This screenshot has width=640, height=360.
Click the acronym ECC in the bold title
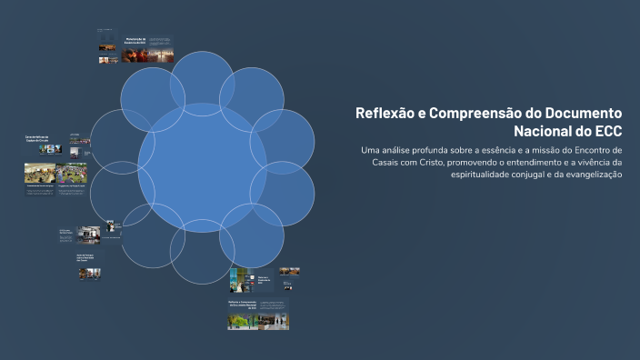click(x=605, y=131)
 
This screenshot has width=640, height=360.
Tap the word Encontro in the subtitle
click(x=590, y=149)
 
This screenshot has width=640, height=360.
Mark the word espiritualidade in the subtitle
click(x=490, y=175)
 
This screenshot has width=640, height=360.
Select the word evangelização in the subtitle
click(x=590, y=175)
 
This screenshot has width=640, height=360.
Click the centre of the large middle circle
click(x=202, y=168)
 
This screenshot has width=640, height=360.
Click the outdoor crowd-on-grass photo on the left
click(x=41, y=174)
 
